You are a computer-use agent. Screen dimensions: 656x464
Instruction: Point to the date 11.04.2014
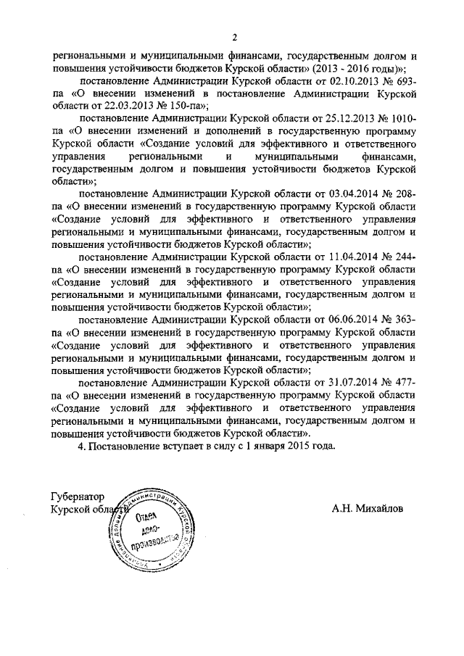click(x=351, y=257)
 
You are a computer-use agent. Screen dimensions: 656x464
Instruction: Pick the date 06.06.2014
click(x=351, y=319)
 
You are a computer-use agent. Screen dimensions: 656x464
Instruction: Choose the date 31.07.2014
click(x=351, y=381)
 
